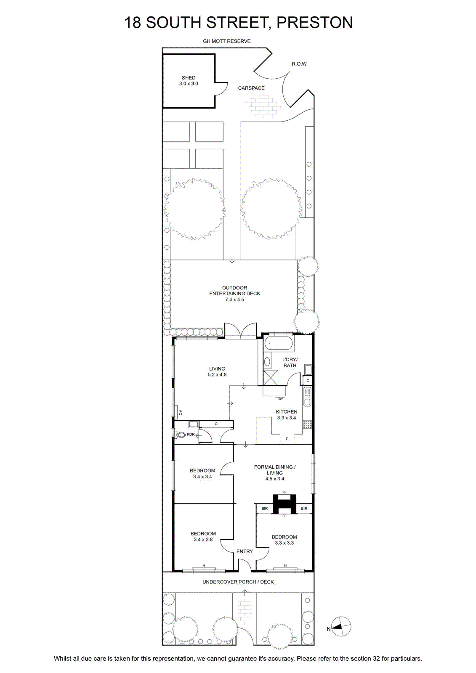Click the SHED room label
click(189, 77)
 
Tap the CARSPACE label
click(251, 88)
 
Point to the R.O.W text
click(299, 64)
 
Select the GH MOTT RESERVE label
click(226, 41)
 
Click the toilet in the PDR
click(181, 435)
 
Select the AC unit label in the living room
click(180, 413)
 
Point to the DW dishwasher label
click(280, 399)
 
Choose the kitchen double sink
click(307, 397)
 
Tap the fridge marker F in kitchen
click(287, 439)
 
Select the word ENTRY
click(245, 551)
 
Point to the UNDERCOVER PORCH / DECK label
click(238, 582)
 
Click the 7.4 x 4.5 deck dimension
click(234, 299)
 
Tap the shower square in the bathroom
click(271, 378)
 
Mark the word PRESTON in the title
click(314, 23)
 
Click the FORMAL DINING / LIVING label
click(274, 469)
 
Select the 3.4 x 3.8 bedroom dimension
click(203, 539)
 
